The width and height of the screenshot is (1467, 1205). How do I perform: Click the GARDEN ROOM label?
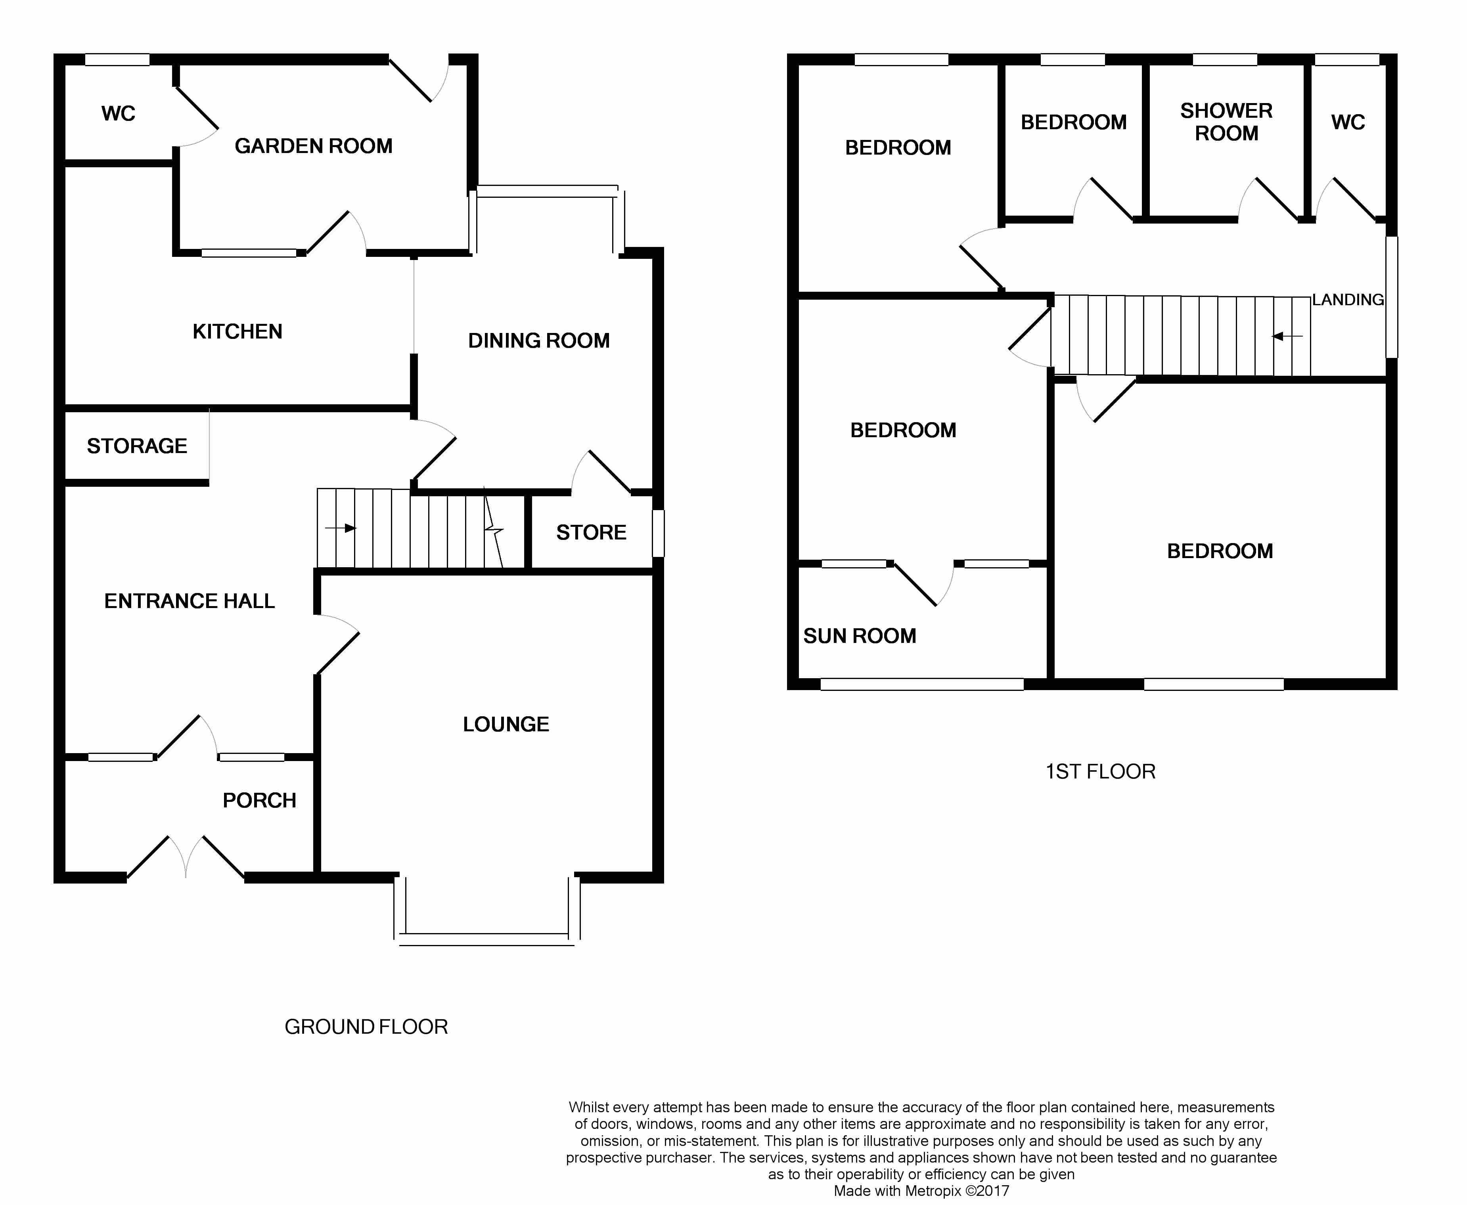point(313,146)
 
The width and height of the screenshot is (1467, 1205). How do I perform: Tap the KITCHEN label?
point(237,332)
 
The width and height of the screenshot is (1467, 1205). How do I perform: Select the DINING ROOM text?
point(539,341)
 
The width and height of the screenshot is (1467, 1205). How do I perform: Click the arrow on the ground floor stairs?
point(340,528)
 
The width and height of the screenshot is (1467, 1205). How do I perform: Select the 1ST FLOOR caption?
point(1100,772)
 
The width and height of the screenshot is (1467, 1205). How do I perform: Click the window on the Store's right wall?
point(658,533)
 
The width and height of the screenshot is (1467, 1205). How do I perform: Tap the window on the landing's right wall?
point(1391,297)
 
